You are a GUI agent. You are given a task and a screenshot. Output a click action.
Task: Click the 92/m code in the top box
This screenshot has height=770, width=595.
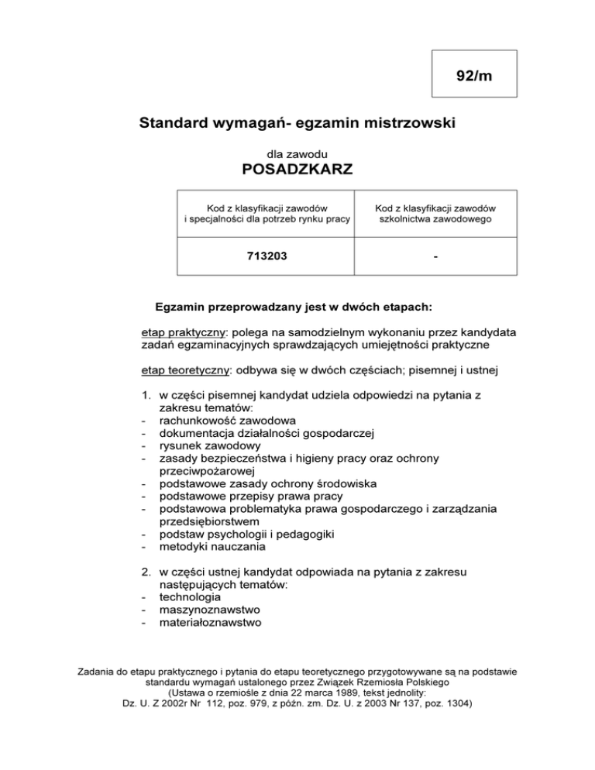tap(473, 75)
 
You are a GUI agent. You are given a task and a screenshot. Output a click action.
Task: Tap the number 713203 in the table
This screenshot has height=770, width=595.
tap(266, 253)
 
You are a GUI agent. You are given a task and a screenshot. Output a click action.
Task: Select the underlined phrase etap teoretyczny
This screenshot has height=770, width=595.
tap(186, 370)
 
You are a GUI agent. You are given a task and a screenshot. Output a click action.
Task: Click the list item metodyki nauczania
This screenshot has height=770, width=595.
tap(212, 545)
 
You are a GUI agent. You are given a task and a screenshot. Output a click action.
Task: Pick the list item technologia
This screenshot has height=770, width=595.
tap(189, 596)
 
